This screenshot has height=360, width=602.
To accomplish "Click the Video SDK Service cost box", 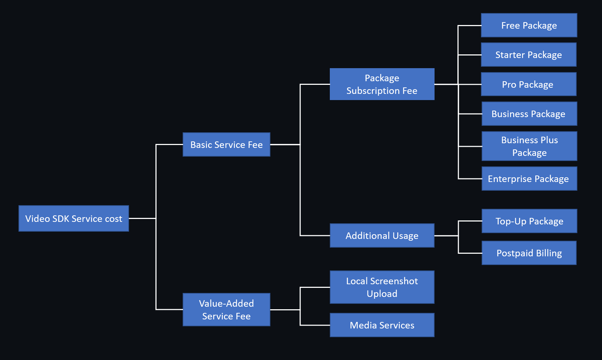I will pyautogui.click(x=74, y=219).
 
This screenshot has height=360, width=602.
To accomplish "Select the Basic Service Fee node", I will pyautogui.click(x=227, y=145).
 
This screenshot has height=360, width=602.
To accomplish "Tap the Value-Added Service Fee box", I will pyautogui.click(x=227, y=310).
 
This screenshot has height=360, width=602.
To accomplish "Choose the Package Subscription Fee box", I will pyautogui.click(x=382, y=84).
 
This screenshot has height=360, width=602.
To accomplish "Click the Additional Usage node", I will pyautogui.click(x=382, y=236).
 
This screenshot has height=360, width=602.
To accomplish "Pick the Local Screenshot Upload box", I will pyautogui.click(x=382, y=287).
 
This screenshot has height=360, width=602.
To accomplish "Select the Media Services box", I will pyautogui.click(x=382, y=325).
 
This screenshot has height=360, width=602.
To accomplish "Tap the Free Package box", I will pyautogui.click(x=529, y=25).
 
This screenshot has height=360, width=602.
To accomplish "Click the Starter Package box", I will pyautogui.click(x=528, y=55).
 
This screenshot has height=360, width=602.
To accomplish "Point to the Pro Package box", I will pyautogui.click(x=528, y=84).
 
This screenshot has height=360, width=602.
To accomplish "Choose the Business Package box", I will pyautogui.click(x=529, y=114).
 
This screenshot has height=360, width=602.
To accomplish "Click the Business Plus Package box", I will pyautogui.click(x=529, y=146).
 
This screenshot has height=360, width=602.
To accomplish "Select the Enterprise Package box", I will pyautogui.click(x=529, y=179).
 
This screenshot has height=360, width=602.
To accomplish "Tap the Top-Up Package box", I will pyautogui.click(x=529, y=221).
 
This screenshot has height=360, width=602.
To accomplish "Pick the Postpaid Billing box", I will pyautogui.click(x=529, y=253).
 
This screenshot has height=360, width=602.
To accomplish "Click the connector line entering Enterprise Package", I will pyautogui.click(x=470, y=179).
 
